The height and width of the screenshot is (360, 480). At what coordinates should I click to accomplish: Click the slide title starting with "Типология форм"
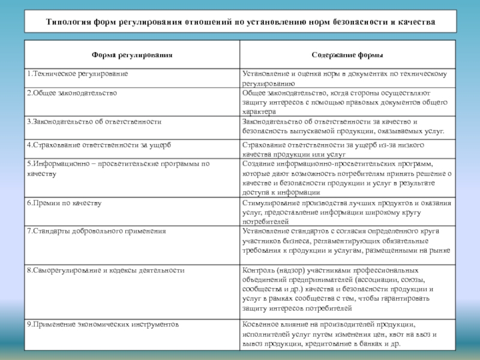click(240, 22)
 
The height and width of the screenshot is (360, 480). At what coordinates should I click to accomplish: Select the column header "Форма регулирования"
click(132, 55)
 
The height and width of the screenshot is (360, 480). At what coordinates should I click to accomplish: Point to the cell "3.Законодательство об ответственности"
click(94, 121)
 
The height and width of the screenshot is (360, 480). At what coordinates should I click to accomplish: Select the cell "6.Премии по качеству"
click(64, 203)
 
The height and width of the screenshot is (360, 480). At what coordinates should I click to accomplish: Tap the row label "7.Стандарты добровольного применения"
click(96, 230)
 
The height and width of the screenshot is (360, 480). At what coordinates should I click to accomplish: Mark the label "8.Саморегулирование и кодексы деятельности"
click(105, 270)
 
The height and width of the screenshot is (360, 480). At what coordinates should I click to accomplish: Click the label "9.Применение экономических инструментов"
click(103, 324)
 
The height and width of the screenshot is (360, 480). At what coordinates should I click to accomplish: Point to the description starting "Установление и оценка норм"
click(344, 79)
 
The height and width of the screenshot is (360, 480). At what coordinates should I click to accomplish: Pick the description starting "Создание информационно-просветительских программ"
click(347, 178)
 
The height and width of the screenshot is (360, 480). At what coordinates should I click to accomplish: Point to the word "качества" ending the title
click(417, 22)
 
